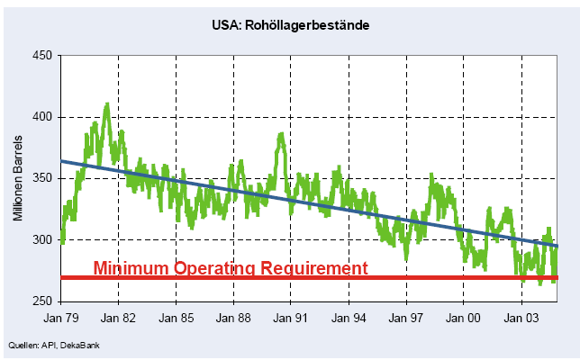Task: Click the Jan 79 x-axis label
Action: pyautogui.click(x=61, y=319)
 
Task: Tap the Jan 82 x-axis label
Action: pyautogui.click(x=119, y=319)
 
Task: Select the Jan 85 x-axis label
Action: pyautogui.click(x=176, y=319)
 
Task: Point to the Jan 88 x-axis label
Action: pyautogui.click(x=233, y=319)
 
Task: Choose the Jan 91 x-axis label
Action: pyautogui.click(x=290, y=319)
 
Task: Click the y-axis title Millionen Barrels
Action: pyautogui.click(x=18, y=179)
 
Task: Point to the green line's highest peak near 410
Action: pyautogui.click(x=107, y=104)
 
